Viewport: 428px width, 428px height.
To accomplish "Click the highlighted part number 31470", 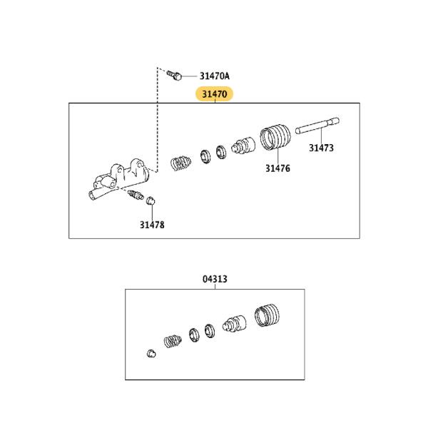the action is pos(214,94).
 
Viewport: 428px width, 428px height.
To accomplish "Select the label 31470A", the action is pos(215,76).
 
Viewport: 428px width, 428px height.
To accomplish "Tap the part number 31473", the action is pos(321,148).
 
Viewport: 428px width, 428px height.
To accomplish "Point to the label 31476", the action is pos(278,168).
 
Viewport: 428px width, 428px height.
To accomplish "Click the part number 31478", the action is pos(152,225).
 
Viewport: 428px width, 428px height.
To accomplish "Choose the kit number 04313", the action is pos(215,279).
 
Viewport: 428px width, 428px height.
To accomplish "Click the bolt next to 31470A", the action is pos(175,75).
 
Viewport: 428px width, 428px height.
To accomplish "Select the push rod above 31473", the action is pos(317,126).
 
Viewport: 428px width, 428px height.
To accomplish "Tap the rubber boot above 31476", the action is pos(275,137).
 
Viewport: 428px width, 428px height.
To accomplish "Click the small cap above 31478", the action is pos(151,201).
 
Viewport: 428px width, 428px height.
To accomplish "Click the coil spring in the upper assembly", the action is pos(180,163).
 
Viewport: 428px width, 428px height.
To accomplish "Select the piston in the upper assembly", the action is pos(243,146).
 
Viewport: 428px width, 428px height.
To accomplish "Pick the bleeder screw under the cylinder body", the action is pos(136,195).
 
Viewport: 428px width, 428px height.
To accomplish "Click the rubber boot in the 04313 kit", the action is pos(267,315).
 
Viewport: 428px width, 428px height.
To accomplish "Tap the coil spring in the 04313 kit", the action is pos(173,341).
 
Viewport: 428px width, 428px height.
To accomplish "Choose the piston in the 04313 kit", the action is pos(234,324).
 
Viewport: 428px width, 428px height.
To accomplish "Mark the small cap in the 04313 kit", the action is pos(151,354).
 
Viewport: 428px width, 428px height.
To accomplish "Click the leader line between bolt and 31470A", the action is pos(190,76).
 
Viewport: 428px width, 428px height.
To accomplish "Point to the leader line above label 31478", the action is pos(152,213).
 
